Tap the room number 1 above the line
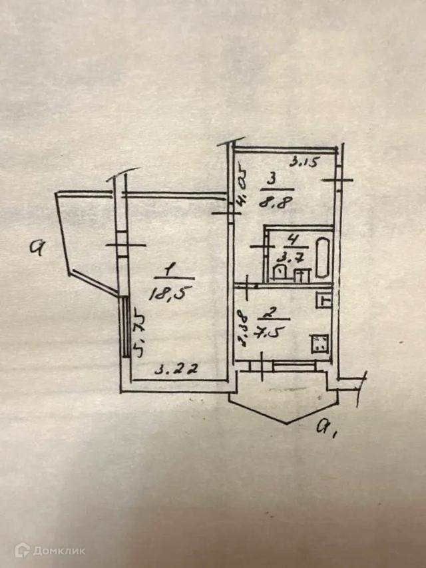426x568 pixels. [x=170, y=270]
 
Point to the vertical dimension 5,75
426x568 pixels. [x=138, y=333]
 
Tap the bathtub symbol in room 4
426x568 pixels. [x=323, y=258]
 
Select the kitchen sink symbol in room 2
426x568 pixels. [x=324, y=300]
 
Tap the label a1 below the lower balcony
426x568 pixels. [x=325, y=426]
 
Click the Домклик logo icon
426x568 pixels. [x=23, y=549]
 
